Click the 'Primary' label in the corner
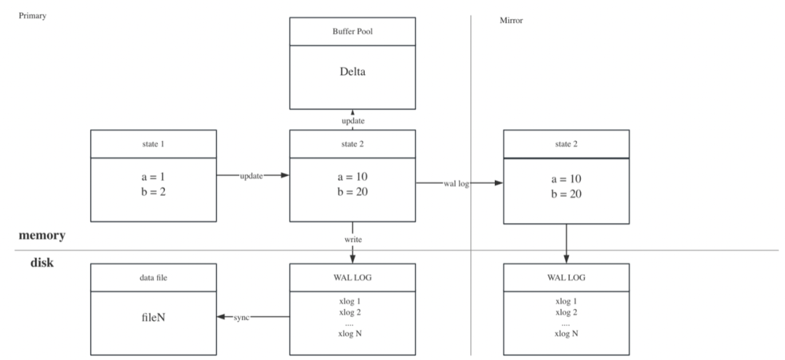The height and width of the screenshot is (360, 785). click(x=32, y=15)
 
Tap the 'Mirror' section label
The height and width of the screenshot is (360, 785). click(x=511, y=20)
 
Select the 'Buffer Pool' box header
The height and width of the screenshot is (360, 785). click(x=353, y=31)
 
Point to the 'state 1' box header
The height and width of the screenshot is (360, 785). click(x=153, y=143)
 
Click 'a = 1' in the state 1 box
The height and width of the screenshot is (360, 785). click(x=153, y=178)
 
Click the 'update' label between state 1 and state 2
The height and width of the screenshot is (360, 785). click(x=251, y=176)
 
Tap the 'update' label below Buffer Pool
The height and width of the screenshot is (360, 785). click(x=353, y=120)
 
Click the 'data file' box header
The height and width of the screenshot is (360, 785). click(x=153, y=278)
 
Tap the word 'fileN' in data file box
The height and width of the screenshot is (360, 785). click(x=153, y=318)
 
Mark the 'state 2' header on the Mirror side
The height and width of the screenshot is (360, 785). click(x=566, y=144)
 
